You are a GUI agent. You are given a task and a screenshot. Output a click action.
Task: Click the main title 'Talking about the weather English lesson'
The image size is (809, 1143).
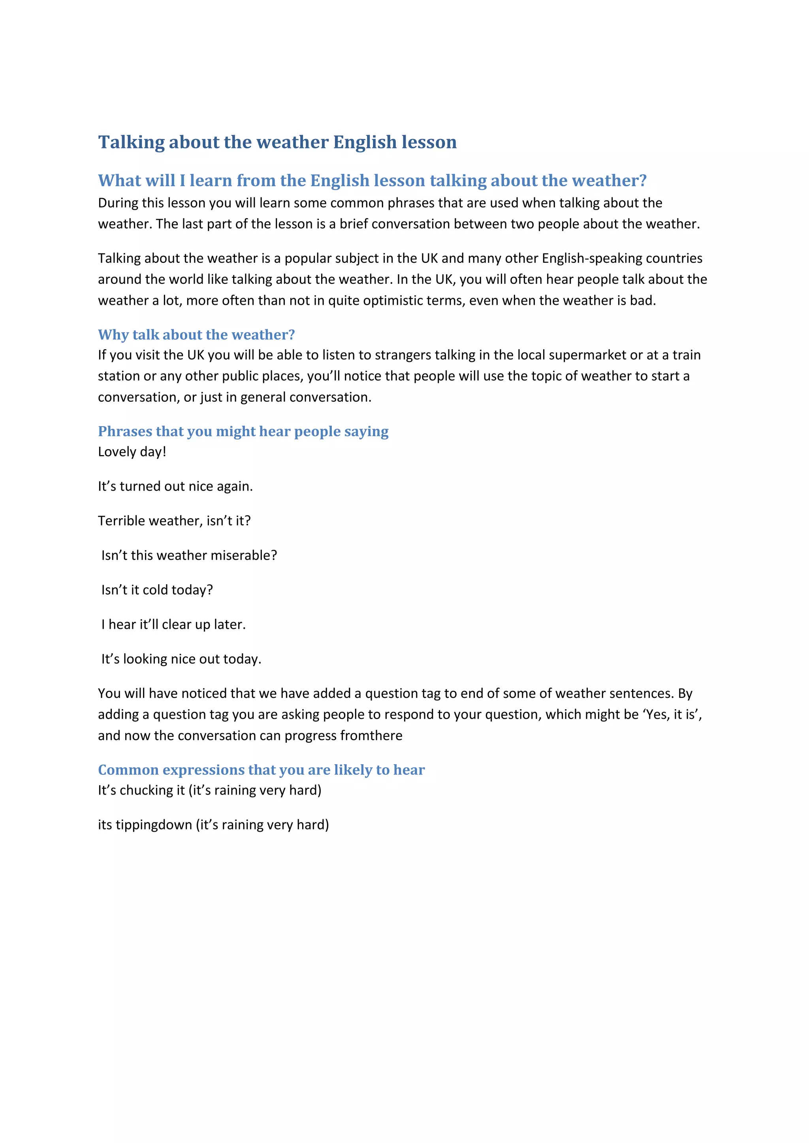277,142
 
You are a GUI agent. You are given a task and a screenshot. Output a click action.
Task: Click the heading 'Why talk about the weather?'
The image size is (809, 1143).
196,335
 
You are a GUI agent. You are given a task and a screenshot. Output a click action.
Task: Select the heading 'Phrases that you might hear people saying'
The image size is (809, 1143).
243,431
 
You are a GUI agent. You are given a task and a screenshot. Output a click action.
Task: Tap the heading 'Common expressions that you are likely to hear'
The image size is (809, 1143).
261,770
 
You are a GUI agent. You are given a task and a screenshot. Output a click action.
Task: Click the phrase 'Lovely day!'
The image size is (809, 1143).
132,452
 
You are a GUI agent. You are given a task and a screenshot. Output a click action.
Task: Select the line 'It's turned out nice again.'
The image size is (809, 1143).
175,486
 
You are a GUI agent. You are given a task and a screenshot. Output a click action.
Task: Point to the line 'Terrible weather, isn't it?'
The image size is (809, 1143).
174,521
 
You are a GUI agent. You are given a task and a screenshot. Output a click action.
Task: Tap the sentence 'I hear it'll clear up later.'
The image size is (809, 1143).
173,625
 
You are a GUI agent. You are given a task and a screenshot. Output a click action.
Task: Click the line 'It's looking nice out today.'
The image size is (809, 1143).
181,659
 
